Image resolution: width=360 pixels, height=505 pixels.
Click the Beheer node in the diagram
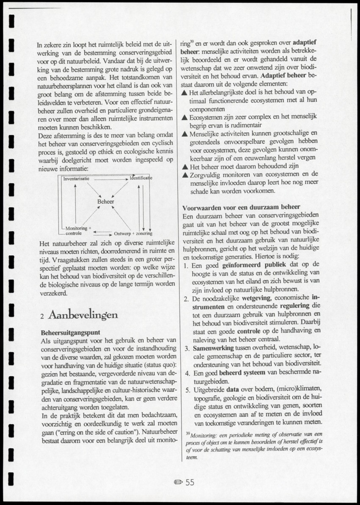tap(105, 202)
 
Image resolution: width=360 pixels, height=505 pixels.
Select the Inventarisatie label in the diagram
tap(76, 179)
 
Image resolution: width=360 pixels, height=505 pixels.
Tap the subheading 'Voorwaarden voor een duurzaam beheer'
tap(241, 207)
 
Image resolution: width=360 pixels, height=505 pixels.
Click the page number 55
tap(190, 482)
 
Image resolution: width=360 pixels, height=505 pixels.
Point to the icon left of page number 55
tap(178, 482)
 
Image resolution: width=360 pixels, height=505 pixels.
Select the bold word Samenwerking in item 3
tap(213, 348)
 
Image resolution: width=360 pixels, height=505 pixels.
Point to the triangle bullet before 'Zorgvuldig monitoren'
tap(184, 175)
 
